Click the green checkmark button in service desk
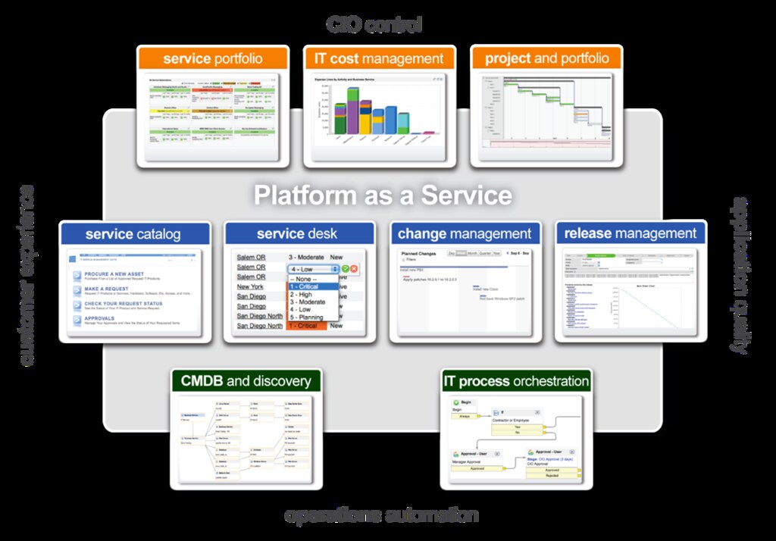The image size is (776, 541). coord(345,269)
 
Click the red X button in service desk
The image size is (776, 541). coord(354,269)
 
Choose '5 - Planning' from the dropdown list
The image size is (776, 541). coord(306,317)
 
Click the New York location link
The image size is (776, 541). coord(250,286)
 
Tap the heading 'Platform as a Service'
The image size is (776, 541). coord(383,195)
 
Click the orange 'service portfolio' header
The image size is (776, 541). coord(213,58)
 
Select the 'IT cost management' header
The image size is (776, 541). coord(379,58)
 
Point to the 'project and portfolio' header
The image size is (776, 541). coord(546,58)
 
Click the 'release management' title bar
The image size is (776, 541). coord(630,233)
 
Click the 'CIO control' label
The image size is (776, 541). coord(374,25)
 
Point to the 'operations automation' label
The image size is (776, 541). coord(381,516)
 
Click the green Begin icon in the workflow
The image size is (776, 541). coord(456,402)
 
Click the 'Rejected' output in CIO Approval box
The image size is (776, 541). coord(552,475)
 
